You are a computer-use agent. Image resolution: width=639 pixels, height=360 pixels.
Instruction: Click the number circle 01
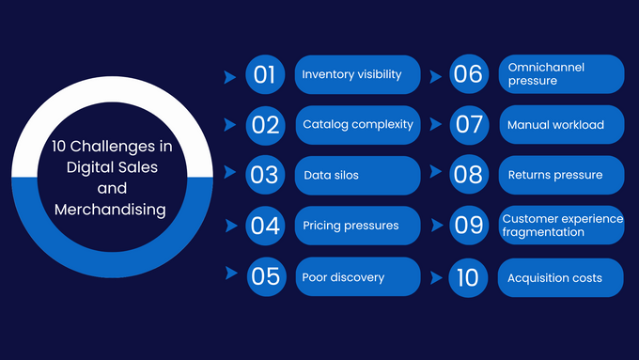[265, 74]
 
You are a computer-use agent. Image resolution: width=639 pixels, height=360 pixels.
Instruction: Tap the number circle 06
[468, 74]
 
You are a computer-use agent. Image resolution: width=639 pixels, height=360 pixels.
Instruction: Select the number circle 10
[468, 277]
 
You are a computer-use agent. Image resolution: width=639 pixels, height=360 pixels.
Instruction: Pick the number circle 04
[265, 226]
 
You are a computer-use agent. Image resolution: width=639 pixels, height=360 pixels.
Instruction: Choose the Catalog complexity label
[357, 124]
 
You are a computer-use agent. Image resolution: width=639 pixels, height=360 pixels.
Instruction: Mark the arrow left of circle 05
[230, 274]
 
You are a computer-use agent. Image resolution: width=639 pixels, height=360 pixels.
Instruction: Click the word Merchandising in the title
[110, 210]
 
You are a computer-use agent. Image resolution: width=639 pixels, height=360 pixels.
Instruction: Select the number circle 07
[468, 124]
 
